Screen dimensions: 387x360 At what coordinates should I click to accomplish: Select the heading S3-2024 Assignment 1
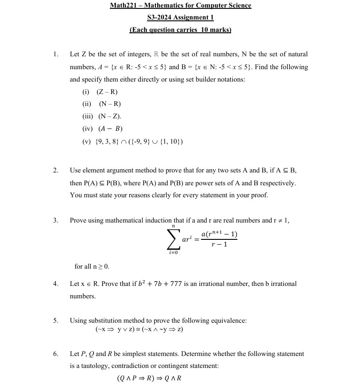click(x=180, y=18)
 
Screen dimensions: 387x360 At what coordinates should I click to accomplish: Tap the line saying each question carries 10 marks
click(x=180, y=30)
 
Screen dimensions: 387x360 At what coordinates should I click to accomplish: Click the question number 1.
click(x=55, y=55)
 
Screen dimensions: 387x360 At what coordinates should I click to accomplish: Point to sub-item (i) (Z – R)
click(x=100, y=92)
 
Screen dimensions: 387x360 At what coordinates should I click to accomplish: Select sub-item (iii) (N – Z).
click(x=102, y=116)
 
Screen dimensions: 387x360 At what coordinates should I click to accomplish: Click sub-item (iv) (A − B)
click(x=103, y=129)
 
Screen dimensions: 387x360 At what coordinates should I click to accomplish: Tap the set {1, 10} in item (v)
click(x=169, y=142)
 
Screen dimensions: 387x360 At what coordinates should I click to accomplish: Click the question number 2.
click(x=55, y=170)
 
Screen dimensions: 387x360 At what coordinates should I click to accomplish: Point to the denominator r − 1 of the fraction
click(x=219, y=244)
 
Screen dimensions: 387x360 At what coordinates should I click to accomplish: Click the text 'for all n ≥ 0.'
click(x=92, y=266)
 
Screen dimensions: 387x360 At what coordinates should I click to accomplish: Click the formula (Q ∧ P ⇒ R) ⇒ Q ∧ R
click(x=149, y=378)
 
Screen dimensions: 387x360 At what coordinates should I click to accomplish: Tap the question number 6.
click(x=55, y=354)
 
